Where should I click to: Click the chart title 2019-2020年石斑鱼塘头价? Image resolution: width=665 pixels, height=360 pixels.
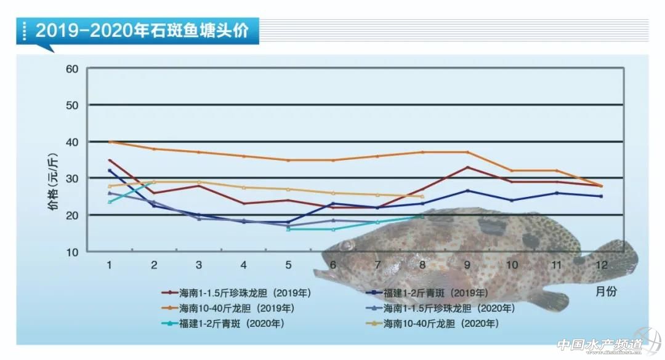point(142,30)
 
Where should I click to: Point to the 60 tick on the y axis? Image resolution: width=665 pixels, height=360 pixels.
point(71,68)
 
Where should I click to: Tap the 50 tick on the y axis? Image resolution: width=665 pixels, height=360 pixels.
point(71,105)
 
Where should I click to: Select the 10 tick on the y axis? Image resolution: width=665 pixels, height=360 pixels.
point(71,252)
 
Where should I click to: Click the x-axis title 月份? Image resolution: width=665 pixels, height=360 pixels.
point(606,291)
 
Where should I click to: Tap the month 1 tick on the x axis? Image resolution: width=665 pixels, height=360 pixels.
point(109,265)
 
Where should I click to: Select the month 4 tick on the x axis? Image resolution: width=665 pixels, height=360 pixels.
point(244,265)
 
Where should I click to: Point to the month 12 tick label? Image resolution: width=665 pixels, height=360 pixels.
point(602,265)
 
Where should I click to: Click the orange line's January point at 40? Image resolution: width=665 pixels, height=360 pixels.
point(110,142)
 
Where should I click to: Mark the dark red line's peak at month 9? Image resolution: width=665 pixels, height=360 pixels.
point(467,167)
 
